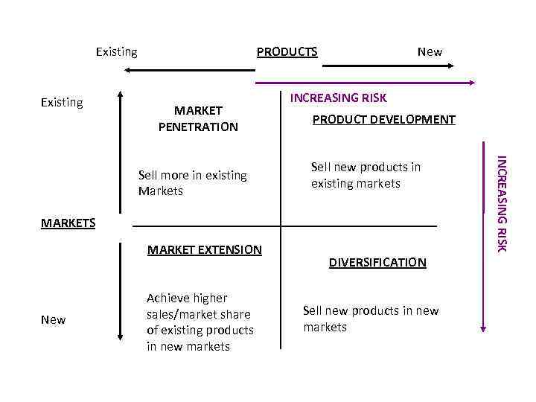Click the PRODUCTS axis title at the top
pyautogui.click(x=287, y=52)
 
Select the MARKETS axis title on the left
pyautogui.click(x=68, y=223)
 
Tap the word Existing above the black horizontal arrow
pyautogui.click(x=116, y=52)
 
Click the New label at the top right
pyautogui.click(x=430, y=52)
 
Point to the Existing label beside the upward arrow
pyautogui.click(x=62, y=103)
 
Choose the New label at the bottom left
pyautogui.click(x=54, y=319)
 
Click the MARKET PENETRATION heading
pyautogui.click(x=198, y=119)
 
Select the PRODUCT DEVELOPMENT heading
pyautogui.click(x=383, y=120)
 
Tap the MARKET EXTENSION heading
pyautogui.click(x=205, y=250)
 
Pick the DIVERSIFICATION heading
pyautogui.click(x=377, y=262)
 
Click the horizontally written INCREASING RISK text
pyautogui.click(x=338, y=98)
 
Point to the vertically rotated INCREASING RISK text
pyautogui.click(x=502, y=202)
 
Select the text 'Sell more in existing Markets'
pyautogui.click(x=192, y=183)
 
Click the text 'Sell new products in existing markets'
pyautogui.click(x=366, y=175)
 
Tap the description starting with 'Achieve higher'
pyautogui.click(x=200, y=322)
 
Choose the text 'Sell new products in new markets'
pyautogui.click(x=371, y=319)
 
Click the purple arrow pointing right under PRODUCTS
pyautogui.click(x=365, y=81)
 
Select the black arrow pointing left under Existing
pyautogui.click(x=190, y=70)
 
